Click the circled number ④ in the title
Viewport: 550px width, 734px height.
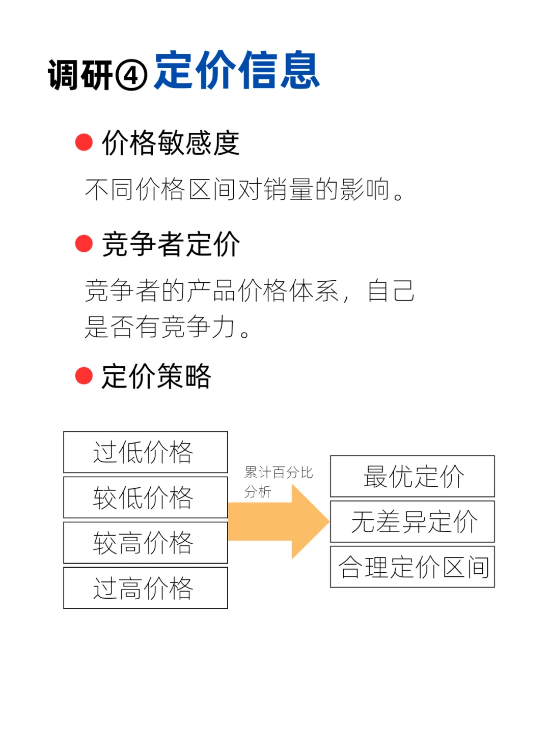[131, 75]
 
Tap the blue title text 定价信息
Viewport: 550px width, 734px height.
[237, 71]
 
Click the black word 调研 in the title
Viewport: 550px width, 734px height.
[80, 75]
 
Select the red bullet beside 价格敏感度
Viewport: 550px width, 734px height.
[84, 142]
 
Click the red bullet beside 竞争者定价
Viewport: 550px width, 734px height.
[84, 244]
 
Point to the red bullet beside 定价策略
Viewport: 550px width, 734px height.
[84, 376]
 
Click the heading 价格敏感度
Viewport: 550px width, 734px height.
[171, 142]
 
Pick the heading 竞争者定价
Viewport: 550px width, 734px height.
[171, 244]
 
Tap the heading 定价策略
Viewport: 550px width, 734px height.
[156, 376]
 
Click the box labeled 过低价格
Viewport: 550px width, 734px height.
[145, 452]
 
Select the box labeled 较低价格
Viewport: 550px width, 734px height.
[145, 497]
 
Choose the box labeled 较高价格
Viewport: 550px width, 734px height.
[145, 543]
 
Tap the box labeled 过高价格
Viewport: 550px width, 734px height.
[145, 588]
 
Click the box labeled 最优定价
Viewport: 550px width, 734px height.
[413, 476]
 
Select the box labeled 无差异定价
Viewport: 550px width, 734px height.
[413, 521]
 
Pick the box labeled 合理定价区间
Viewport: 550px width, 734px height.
[413, 567]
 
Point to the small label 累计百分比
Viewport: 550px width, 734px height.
[278, 473]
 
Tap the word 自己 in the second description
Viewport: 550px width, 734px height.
[391, 291]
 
